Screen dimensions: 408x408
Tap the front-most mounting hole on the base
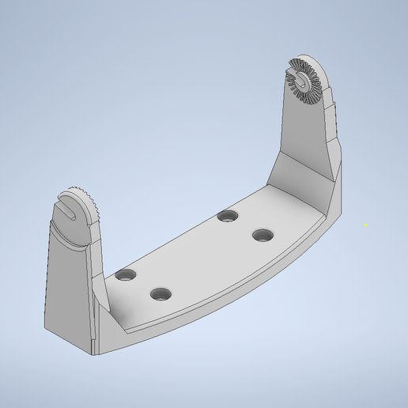click(x=161, y=294)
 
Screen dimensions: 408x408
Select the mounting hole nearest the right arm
click(x=263, y=235)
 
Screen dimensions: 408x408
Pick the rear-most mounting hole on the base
click(x=229, y=216)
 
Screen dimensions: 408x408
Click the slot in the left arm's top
click(x=70, y=212)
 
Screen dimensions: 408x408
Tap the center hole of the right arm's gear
click(x=304, y=79)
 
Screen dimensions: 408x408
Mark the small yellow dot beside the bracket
click(x=365, y=225)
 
